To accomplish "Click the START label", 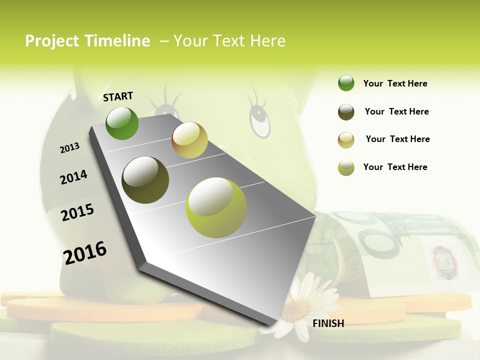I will (x=118, y=96).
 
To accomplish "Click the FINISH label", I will (x=328, y=323).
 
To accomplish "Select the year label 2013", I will (x=69, y=148).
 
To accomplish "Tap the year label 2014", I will (x=73, y=177).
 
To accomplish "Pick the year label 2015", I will (x=77, y=212).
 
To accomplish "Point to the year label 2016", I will (x=85, y=252).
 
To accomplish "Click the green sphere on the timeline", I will (x=122, y=123).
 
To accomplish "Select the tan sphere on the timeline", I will (x=189, y=140).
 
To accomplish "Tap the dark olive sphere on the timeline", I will (x=145, y=179).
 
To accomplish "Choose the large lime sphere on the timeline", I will (x=216, y=207).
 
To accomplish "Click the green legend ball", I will (x=346, y=83).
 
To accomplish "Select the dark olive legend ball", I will (x=346, y=112).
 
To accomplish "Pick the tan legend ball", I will (x=346, y=140).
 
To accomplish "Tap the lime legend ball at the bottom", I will (x=346, y=167).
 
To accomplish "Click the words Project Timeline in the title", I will (x=87, y=41).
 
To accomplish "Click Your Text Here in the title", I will (x=229, y=41).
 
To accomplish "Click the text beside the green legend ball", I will (x=395, y=83).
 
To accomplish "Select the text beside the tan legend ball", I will (x=397, y=139).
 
